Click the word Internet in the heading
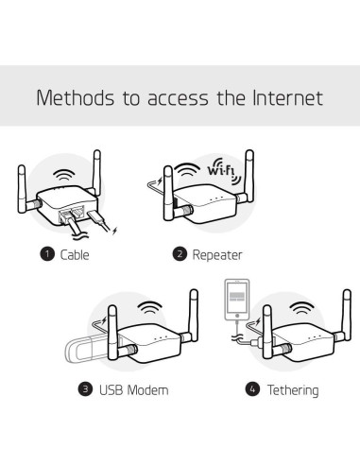point(287,97)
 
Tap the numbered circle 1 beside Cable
point(44,254)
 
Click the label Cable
point(75,254)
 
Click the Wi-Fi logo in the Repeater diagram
point(220,170)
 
